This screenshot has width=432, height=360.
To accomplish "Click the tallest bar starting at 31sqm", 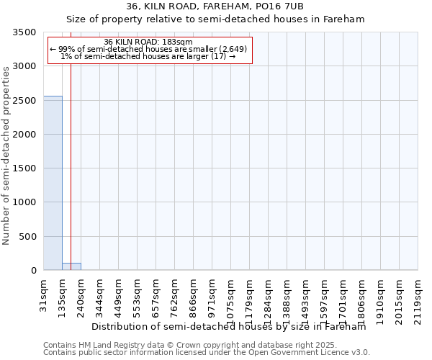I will click(x=53, y=183).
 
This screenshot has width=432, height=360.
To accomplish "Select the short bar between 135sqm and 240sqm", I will click(x=71, y=266).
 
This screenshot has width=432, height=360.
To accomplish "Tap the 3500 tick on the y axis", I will click(x=26, y=33).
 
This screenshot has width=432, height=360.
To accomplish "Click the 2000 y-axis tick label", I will click(x=26, y=135).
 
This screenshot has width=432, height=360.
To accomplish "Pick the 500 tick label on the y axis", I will click(x=29, y=237).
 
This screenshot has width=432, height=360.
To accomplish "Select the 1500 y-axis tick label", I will click(x=26, y=169).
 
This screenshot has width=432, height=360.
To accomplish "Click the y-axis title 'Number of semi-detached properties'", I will click(x=7, y=155).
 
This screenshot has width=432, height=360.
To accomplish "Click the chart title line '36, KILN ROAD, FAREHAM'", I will click(x=215, y=6).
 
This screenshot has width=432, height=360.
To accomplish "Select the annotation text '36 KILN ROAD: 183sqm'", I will click(x=148, y=42).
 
